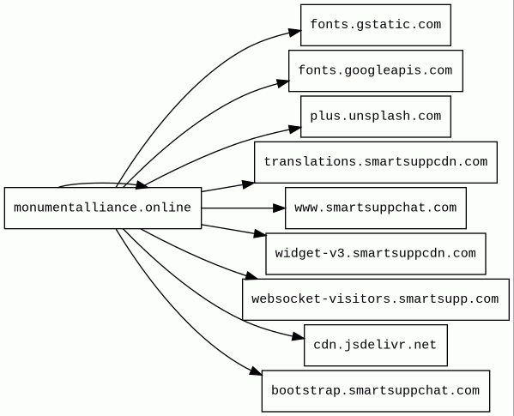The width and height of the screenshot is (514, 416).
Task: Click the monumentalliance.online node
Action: tap(103, 208)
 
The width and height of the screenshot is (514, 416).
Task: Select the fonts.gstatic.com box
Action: tap(376, 25)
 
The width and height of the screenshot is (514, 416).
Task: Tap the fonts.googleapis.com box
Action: tap(376, 70)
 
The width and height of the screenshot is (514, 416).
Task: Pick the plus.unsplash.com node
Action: tap(376, 117)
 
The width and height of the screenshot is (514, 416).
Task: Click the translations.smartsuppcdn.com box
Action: tap(376, 162)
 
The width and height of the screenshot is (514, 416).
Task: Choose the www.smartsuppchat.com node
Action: tap(376, 208)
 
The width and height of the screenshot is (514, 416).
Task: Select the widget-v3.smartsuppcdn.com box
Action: tap(376, 254)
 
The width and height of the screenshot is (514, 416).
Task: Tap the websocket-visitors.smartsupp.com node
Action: tap(376, 299)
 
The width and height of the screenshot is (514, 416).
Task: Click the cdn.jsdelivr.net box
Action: tap(376, 346)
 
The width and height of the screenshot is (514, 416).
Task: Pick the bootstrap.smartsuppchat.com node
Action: tap(376, 391)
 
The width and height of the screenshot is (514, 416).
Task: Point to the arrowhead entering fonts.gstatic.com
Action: tap(294, 33)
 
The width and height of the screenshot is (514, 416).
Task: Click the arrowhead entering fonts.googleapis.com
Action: tap(282, 83)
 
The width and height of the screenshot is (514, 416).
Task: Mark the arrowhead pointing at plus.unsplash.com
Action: tap(294, 129)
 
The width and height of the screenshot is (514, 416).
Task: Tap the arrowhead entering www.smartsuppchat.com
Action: tap(279, 208)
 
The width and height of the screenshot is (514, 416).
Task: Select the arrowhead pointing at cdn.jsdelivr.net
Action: tap(298, 336)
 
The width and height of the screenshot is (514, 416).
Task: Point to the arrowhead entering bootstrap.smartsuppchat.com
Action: tap(256, 371)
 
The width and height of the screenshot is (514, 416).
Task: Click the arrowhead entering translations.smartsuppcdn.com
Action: tap(248, 184)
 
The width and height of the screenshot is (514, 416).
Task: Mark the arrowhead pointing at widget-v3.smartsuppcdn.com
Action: tap(260, 233)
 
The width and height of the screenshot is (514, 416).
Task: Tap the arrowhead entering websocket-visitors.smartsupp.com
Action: tap(251, 275)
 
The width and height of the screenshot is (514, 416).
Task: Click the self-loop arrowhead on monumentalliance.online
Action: tap(142, 185)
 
